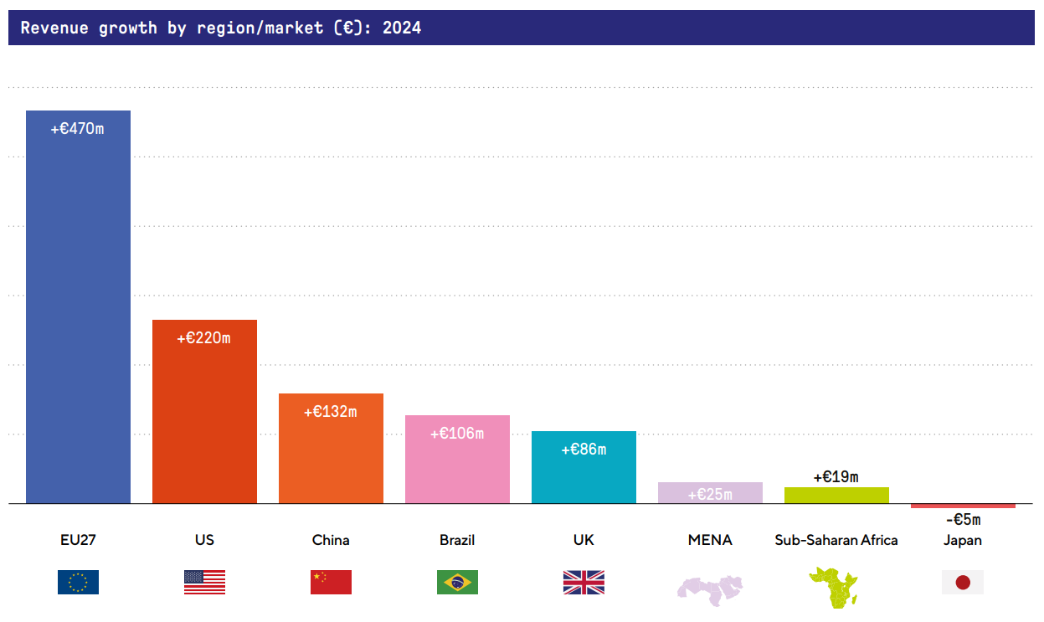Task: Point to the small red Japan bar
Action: pos(963,506)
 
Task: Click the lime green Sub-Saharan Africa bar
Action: pos(836,495)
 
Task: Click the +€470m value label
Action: pos(78,130)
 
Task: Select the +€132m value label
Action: pos(331,412)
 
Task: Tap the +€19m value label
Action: pos(836,477)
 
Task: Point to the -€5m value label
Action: pos(962,520)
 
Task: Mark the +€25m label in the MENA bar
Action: pos(710,495)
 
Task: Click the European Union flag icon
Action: pos(78,582)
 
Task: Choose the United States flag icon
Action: pos(204,582)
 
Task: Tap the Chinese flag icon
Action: pos(331,582)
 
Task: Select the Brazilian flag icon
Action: pos(457,582)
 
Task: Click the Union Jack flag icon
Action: pos(584,582)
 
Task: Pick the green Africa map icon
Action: pos(833,586)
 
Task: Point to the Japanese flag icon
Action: pos(963,582)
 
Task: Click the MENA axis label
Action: pos(710,540)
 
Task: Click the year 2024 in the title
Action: pos(402,28)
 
